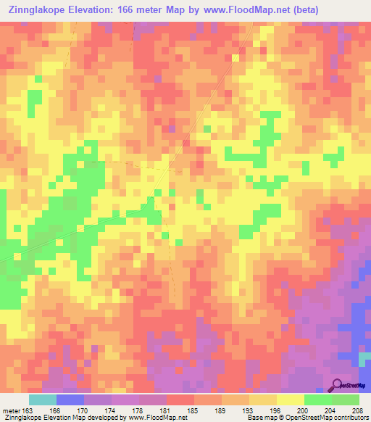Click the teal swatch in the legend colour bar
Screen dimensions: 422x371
coord(43,400)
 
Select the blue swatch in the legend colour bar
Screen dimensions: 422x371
coord(70,400)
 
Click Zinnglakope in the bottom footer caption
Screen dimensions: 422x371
coord(22,418)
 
